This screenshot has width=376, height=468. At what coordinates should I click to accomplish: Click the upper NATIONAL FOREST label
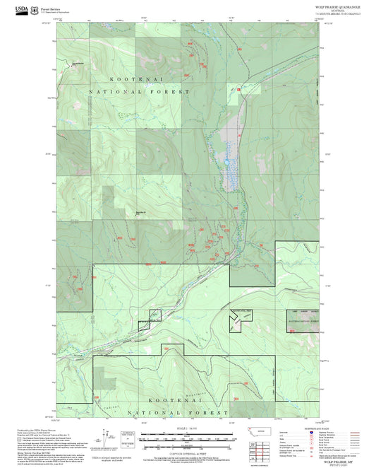[x=140, y=93]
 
